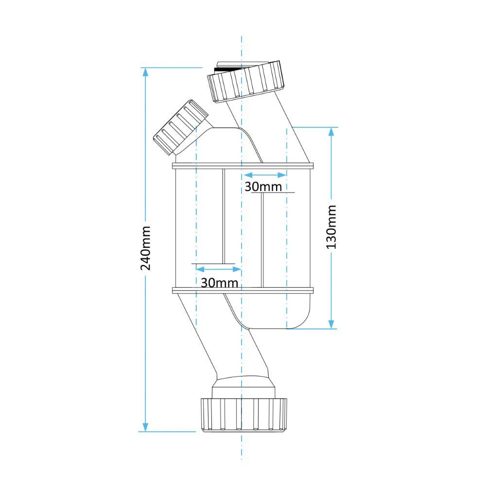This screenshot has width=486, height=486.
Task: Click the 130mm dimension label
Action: tap(331, 227)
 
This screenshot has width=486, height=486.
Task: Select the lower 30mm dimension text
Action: tap(220, 282)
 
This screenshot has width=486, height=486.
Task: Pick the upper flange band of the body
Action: tap(243, 166)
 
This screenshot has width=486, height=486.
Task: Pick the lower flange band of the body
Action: tap(243, 291)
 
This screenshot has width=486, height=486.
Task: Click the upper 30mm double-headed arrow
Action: tap(264, 174)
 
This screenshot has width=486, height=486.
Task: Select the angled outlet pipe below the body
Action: tap(228, 340)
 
